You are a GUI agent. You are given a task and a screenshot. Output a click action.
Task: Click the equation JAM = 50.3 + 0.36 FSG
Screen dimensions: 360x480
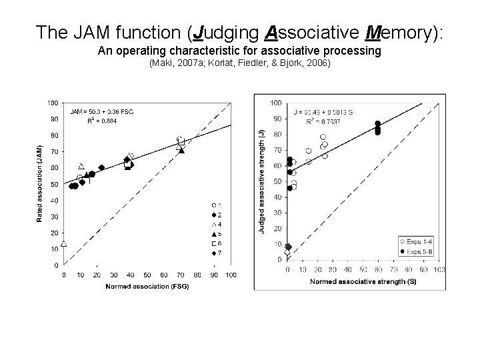pyautogui.click(x=102, y=111)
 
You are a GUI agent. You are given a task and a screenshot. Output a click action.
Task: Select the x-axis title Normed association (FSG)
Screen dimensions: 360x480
pyautogui.click(x=147, y=287)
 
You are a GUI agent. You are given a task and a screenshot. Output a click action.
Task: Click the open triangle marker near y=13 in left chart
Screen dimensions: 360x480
pyautogui.click(x=64, y=243)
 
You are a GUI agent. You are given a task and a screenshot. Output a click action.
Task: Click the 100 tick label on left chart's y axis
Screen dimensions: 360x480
pyautogui.click(x=52, y=103)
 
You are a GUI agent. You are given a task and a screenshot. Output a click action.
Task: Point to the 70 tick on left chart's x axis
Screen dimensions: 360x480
pyautogui.click(x=181, y=274)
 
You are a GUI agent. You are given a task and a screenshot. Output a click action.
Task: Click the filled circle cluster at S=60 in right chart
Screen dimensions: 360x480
pyautogui.click(x=378, y=128)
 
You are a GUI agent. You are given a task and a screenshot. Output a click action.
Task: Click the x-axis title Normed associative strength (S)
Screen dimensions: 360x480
pyautogui.click(x=363, y=281)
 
